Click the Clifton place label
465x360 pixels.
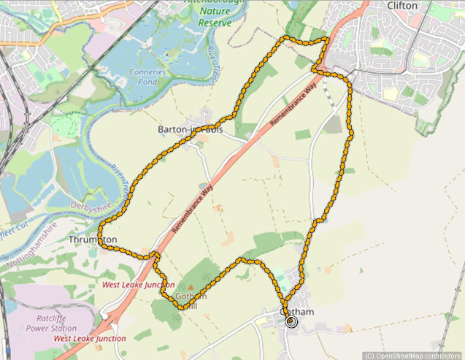point(403,6)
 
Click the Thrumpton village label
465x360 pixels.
point(92,240)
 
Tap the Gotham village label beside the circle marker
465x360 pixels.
point(297,312)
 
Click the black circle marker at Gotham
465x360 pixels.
point(292,321)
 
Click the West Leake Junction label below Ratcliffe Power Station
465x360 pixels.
point(90,339)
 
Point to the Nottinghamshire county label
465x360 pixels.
point(29,241)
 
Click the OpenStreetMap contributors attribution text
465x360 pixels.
point(413,356)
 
